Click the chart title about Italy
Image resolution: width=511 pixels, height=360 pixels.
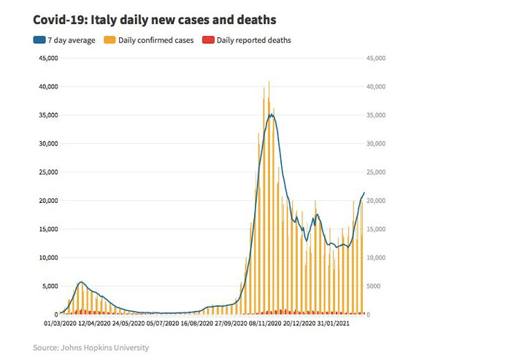coord(149,16)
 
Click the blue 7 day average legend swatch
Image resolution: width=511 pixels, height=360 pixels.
coord(39,40)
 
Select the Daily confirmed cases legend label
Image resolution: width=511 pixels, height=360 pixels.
coord(155,40)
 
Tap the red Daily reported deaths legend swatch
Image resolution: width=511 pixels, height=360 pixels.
coord(207,40)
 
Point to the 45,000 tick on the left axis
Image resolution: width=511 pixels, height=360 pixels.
coord(47,58)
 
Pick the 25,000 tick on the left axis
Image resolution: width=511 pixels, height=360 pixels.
coord(47,172)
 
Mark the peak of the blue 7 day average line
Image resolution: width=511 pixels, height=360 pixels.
coord(272,114)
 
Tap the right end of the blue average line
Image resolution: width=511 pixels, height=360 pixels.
coord(364,193)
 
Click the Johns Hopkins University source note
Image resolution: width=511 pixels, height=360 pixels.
coord(91,348)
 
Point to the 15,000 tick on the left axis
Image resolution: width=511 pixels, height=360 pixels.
coord(47,229)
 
